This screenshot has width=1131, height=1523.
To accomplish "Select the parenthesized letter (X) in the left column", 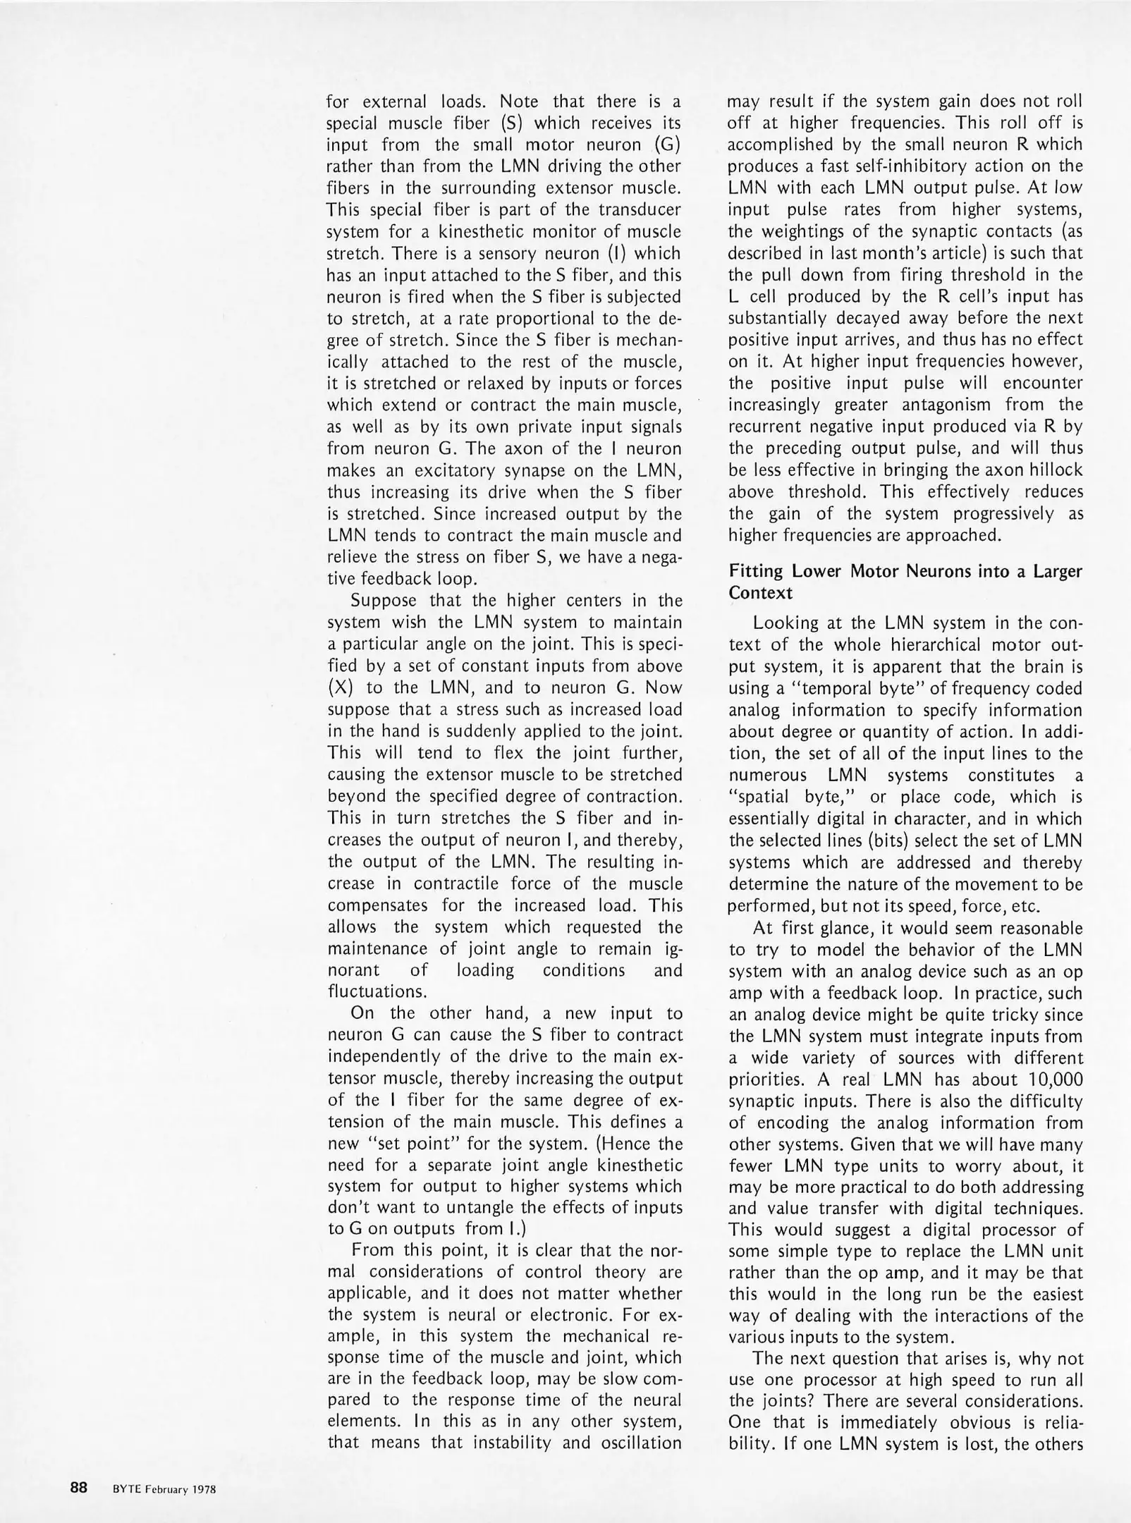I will click(x=339, y=687).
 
